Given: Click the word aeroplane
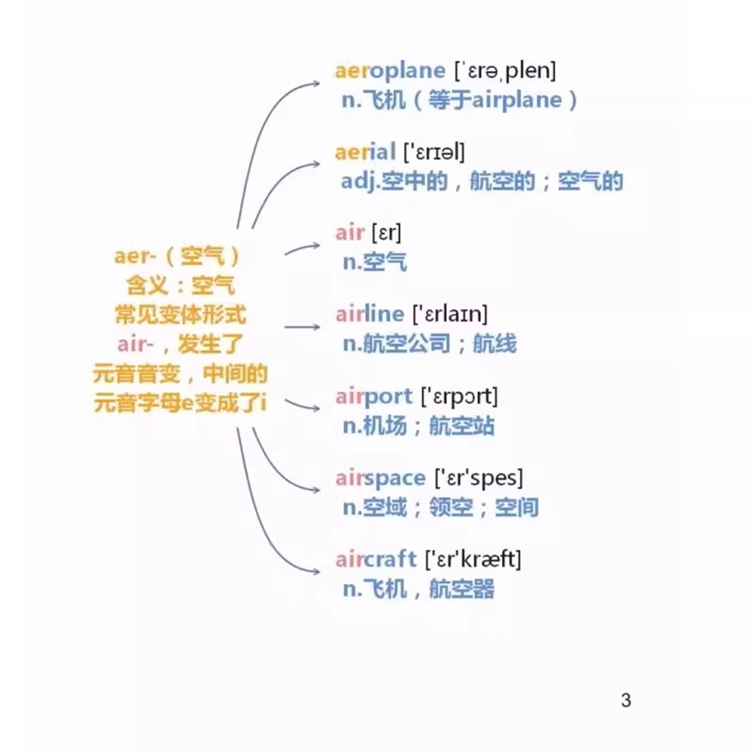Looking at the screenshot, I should [390, 71].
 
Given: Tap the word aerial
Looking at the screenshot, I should [365, 152].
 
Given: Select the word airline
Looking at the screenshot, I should [370, 314].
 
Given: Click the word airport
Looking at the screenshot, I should [374, 396].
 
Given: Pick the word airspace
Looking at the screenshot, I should [380, 478].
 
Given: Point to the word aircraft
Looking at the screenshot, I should [376, 559].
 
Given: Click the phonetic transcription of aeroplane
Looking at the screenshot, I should [505, 71].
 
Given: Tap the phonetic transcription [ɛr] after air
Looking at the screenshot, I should [386, 232].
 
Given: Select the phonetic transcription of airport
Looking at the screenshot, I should [459, 396].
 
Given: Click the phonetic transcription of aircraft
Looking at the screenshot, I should [473, 559].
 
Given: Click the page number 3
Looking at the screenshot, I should [626, 700].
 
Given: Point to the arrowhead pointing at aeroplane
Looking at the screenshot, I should [316, 83].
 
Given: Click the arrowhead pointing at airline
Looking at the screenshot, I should [316, 327].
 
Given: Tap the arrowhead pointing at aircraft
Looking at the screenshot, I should [316, 572].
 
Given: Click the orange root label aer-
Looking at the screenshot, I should [135, 256].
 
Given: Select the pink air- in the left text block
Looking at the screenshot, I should [135, 345].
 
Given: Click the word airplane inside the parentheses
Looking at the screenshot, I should [517, 100].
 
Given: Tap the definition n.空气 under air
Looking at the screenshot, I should [374, 262].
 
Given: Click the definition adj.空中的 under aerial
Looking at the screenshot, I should [394, 181].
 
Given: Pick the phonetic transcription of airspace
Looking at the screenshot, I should [479, 478].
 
